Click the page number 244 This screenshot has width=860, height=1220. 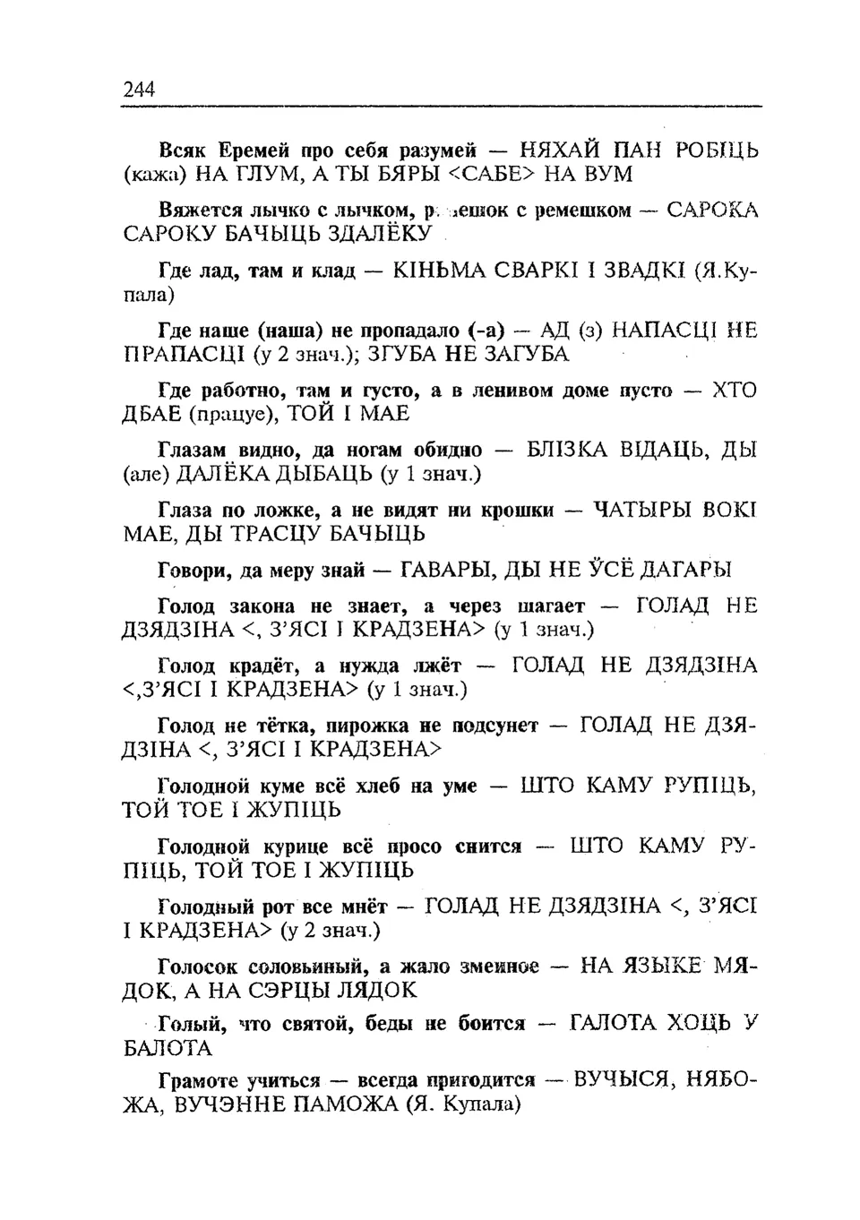(139, 89)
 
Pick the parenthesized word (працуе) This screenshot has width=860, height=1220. (234, 414)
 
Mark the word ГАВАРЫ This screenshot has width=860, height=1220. (445, 569)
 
